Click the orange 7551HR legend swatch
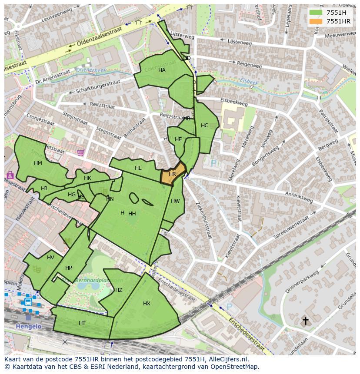pos(316,21)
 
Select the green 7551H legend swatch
pos(316,13)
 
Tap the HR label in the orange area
pos(172,174)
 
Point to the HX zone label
pos(147,304)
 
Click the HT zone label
pos(82,323)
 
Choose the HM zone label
pos(38,163)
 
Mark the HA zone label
pos(162,70)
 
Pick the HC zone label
pos(204,126)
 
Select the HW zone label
pos(175,201)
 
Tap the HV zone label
pos(51,258)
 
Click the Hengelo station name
pos(28,326)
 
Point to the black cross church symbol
pos(306,321)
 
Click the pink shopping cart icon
pos(80,152)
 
